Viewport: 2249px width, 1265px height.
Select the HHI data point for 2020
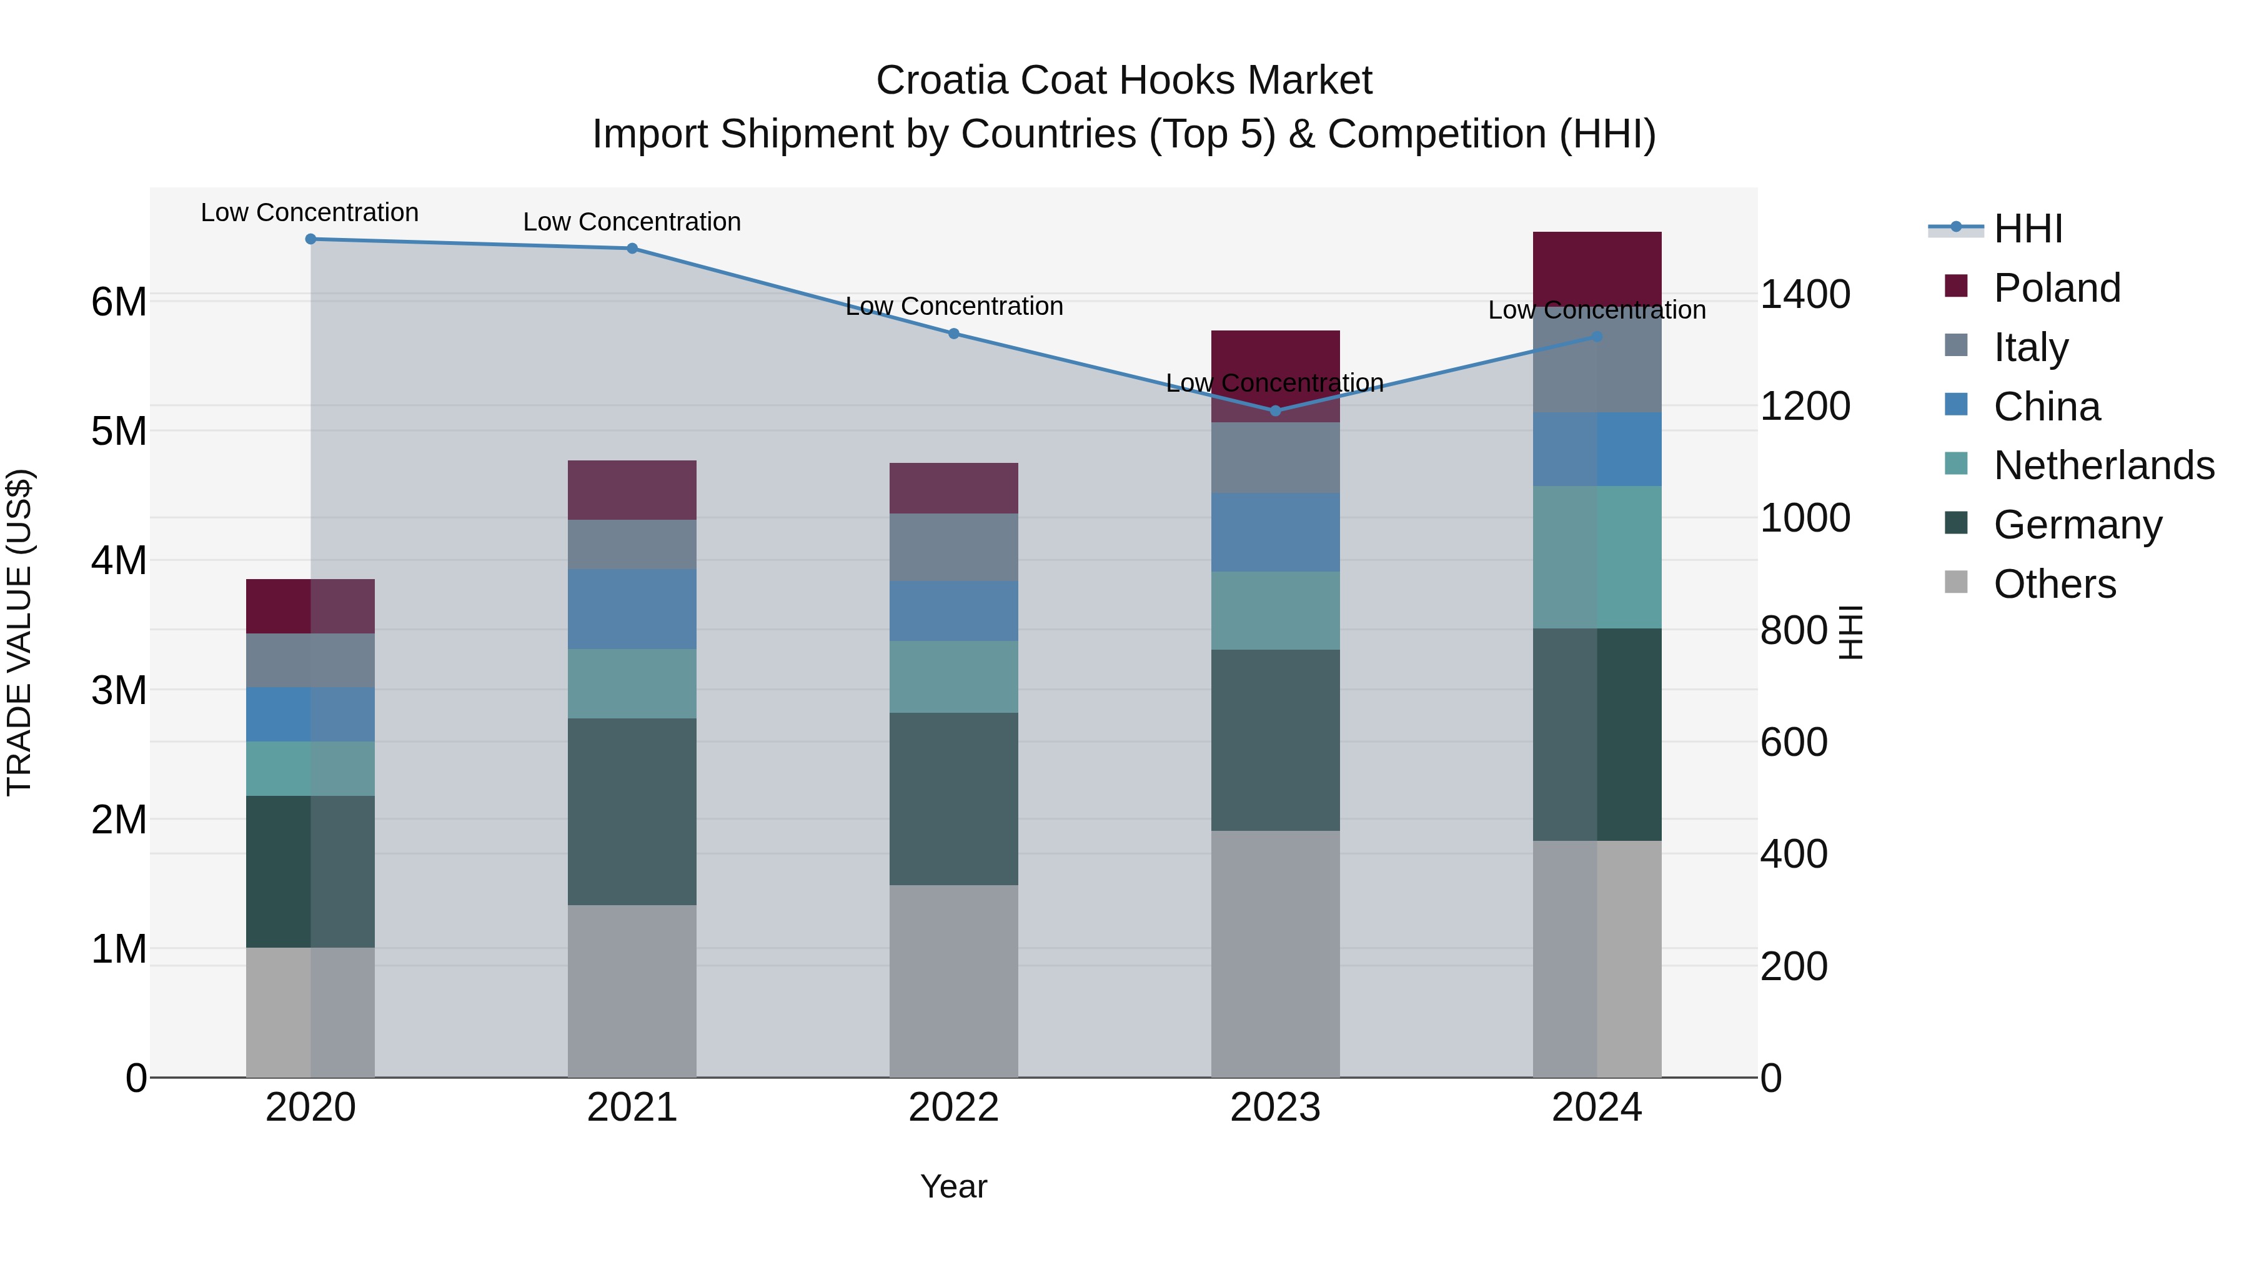tap(311, 239)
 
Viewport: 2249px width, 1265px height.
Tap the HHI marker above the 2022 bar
tap(953, 334)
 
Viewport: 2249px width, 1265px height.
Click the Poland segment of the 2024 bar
tap(1597, 266)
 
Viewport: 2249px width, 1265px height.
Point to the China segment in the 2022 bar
tap(953, 611)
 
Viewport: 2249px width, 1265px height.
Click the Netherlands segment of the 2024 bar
tap(1597, 557)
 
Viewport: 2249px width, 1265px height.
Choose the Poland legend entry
tap(2056, 288)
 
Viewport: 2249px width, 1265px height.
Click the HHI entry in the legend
tap(2027, 229)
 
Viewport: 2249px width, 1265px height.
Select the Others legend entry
tap(2054, 584)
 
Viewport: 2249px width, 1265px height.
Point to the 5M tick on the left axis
tap(119, 431)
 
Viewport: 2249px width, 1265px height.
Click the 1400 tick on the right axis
tap(1804, 294)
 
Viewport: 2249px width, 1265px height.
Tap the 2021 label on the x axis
tap(632, 1108)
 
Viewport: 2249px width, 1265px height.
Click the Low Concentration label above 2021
tap(632, 222)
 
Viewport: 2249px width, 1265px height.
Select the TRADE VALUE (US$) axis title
tap(19, 632)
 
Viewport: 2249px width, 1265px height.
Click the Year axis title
tap(953, 1186)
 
